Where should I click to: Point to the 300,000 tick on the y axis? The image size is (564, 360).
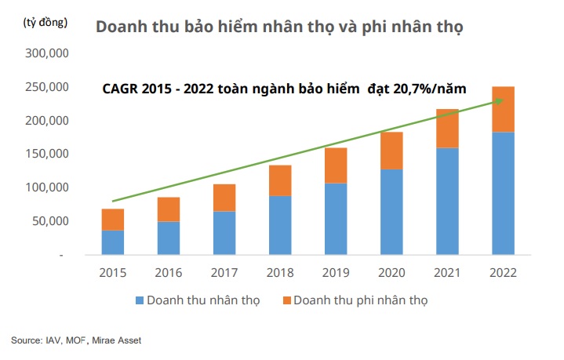pos(47,53)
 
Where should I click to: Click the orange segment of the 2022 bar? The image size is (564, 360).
pos(503,109)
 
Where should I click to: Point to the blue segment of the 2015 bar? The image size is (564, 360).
pos(113,242)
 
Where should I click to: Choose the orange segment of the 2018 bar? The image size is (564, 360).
pos(280,180)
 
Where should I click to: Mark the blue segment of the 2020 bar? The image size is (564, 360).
pos(391,212)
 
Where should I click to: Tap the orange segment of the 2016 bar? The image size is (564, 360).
pos(169,209)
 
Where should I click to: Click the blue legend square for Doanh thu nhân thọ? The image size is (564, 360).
pos(139,300)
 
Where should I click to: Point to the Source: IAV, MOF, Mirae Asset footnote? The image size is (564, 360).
pos(76,340)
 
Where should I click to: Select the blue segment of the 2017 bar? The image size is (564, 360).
pos(224,233)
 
